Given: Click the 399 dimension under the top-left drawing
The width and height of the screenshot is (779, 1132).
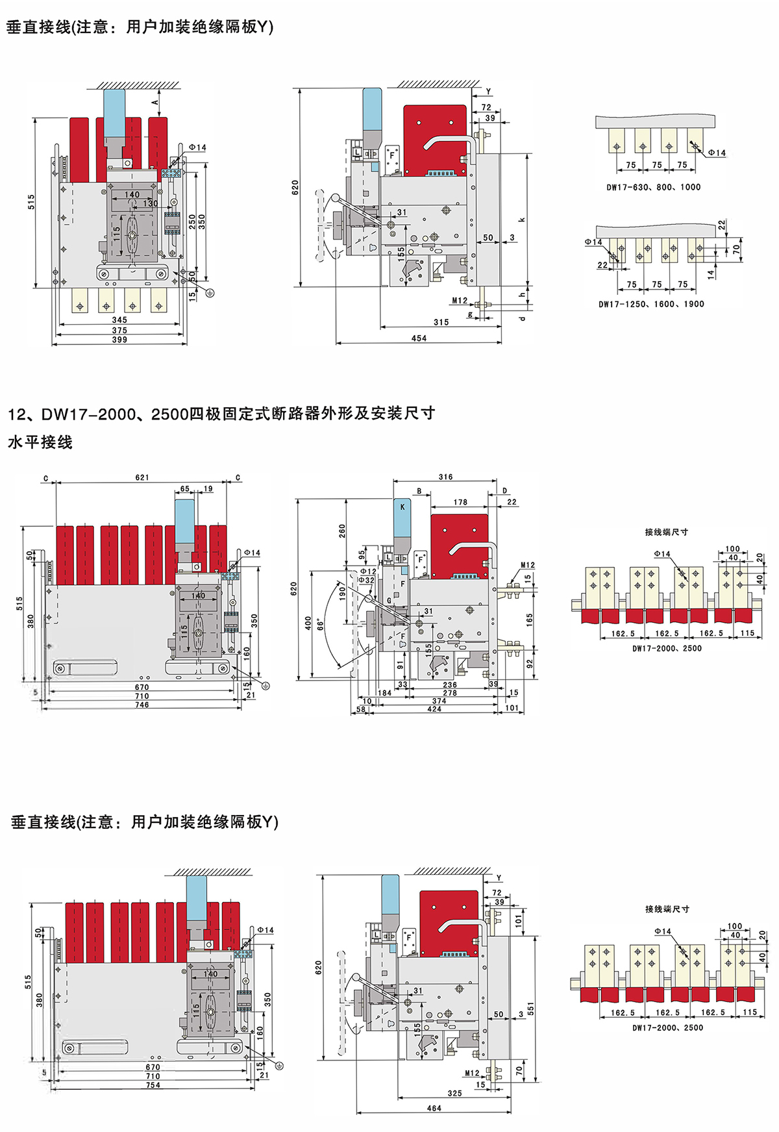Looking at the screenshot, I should (x=119, y=340).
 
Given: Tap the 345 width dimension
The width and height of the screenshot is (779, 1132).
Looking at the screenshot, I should (x=119, y=320).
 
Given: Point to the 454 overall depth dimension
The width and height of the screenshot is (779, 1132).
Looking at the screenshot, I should (x=419, y=338).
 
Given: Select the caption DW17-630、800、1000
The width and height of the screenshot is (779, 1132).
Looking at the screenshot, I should (x=653, y=187).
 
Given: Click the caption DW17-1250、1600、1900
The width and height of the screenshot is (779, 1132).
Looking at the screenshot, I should (x=651, y=304).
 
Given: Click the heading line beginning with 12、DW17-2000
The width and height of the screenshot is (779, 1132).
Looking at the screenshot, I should (x=221, y=414).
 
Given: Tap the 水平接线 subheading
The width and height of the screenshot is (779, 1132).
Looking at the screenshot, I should (x=40, y=442).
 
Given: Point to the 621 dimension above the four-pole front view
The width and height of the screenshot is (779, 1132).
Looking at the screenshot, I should (x=142, y=477).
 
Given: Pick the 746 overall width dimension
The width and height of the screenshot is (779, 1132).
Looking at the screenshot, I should (x=142, y=705).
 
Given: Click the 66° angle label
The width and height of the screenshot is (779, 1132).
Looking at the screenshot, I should (x=320, y=625).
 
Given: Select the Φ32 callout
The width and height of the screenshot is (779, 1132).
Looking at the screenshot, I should (x=367, y=580).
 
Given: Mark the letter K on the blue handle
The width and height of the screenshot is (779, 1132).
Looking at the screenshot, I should (x=402, y=507).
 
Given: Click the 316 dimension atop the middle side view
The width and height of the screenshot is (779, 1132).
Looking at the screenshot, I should (x=445, y=477).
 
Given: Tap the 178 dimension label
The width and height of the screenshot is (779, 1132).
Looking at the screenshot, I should (x=460, y=502).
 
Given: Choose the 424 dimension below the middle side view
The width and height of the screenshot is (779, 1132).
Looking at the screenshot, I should (x=434, y=709).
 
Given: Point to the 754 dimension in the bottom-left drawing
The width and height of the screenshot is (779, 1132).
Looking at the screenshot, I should (x=153, y=1085).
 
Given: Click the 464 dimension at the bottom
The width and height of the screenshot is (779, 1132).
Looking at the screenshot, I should (x=434, y=1109).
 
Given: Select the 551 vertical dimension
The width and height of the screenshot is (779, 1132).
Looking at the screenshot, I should (x=530, y=1009).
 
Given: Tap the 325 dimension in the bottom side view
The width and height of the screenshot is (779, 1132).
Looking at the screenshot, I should (x=454, y=1094).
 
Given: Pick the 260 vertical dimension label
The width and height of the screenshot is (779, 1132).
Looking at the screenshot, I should (x=342, y=531).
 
